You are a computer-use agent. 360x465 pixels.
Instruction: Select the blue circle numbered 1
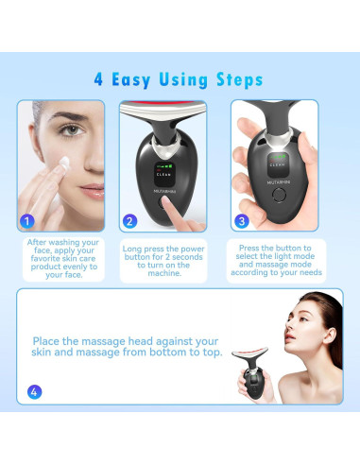tap(28, 222)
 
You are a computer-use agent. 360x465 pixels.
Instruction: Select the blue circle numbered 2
tap(130, 222)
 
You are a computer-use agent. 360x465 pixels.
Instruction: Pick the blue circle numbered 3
tap(242, 222)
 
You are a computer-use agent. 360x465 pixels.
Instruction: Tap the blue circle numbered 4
tap(35, 391)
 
